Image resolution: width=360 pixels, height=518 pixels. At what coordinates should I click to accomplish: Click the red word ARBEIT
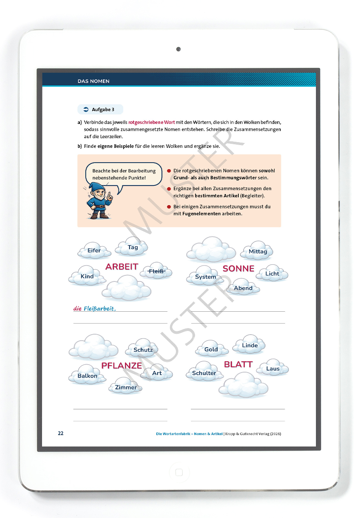[122, 267]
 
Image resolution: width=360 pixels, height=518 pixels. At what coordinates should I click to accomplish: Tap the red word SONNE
[238, 268]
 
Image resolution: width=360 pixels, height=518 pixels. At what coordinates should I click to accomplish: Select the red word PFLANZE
[122, 366]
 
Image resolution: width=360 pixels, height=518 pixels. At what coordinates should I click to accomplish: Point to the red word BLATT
[238, 364]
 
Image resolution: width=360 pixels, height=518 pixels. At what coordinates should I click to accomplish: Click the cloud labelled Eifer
[94, 250]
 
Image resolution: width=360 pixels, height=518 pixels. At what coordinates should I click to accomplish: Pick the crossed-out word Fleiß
[156, 271]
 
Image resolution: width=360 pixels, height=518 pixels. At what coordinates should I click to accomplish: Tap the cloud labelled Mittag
[258, 252]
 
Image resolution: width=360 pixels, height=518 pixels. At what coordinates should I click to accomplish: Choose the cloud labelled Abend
[243, 288]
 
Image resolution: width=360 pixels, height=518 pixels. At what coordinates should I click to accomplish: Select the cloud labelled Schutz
[143, 350]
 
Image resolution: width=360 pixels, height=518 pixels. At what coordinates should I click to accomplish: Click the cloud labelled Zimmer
[126, 387]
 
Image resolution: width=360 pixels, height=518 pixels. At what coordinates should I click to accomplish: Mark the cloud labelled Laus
[273, 368]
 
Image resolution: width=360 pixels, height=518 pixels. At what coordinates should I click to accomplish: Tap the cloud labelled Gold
[211, 349]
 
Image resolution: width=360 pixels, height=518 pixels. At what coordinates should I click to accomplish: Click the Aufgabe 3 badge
[100, 109]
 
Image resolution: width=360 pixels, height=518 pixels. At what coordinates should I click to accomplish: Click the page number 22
[60, 433]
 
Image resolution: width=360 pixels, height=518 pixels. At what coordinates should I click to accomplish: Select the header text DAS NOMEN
[93, 81]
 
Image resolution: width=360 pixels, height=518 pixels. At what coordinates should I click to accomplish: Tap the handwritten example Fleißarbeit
[99, 309]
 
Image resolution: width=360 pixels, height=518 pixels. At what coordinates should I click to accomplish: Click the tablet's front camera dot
[178, 49]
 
